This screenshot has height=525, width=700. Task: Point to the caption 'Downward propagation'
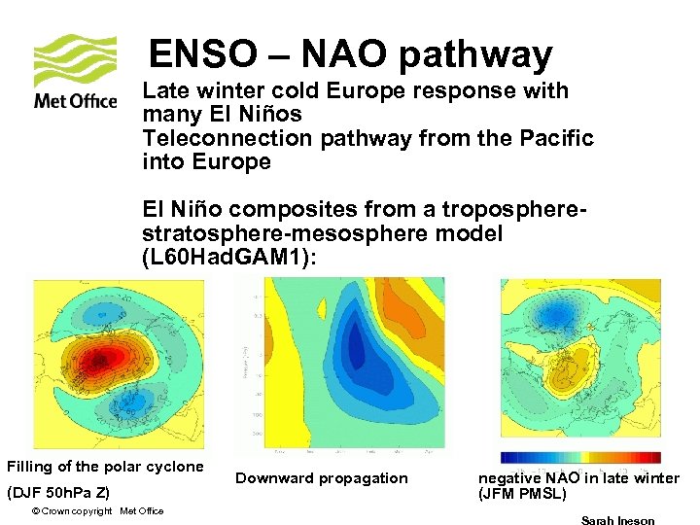pos(322,477)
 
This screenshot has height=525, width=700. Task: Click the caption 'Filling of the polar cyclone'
pos(105,467)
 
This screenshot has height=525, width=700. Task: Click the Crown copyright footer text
pos(97,511)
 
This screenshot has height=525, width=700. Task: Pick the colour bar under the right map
pos(580,457)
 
